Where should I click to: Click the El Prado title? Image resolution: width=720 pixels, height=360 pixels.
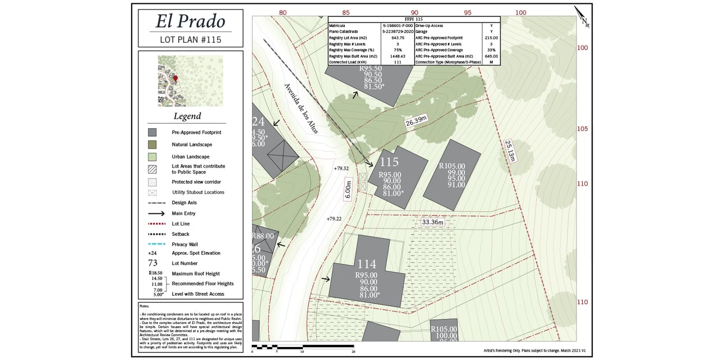190,21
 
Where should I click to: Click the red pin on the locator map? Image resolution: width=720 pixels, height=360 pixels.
175,79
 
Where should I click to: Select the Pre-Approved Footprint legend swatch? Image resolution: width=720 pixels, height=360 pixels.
152,132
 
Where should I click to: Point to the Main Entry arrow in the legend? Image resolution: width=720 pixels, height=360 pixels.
156,214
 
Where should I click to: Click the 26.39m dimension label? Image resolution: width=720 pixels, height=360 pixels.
416,121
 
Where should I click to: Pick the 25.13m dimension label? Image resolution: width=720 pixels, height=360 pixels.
510,151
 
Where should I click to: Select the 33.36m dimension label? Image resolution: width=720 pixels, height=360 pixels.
433,222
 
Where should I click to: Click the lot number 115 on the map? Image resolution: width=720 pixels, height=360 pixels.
389,163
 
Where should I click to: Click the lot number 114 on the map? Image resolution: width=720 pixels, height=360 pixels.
367,264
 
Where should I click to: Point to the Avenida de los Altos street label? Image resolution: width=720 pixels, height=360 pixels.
301,108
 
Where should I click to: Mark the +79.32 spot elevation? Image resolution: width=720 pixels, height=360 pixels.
341,168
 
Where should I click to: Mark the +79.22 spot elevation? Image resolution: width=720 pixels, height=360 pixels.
334,218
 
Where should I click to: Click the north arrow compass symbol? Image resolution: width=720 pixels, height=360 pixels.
582,16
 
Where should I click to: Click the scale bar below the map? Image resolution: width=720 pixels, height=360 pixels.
303,346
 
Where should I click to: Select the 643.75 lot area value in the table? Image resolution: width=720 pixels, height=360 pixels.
398,38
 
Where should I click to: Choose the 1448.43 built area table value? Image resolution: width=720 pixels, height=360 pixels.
398,56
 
